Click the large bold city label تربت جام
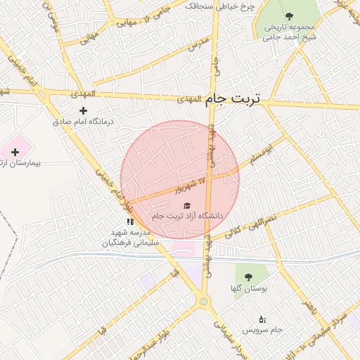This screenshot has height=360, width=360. pos(233,100)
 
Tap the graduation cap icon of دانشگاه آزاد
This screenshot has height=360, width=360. pos(187,205)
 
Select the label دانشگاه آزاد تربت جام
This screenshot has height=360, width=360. pos(188,216)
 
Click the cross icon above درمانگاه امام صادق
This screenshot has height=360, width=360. pos(84,110)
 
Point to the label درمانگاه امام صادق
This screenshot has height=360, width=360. pos(84,121)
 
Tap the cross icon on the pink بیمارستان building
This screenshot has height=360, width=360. pos(15,152)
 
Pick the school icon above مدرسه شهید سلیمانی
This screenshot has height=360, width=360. pos(130,221)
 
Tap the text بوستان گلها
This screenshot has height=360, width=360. pos(246,288)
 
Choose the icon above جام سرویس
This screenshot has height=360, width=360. pos(262,319)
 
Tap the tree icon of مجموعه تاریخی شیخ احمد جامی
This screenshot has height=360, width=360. pos(290,15)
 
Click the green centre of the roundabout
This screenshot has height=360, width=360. pos(204,302)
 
